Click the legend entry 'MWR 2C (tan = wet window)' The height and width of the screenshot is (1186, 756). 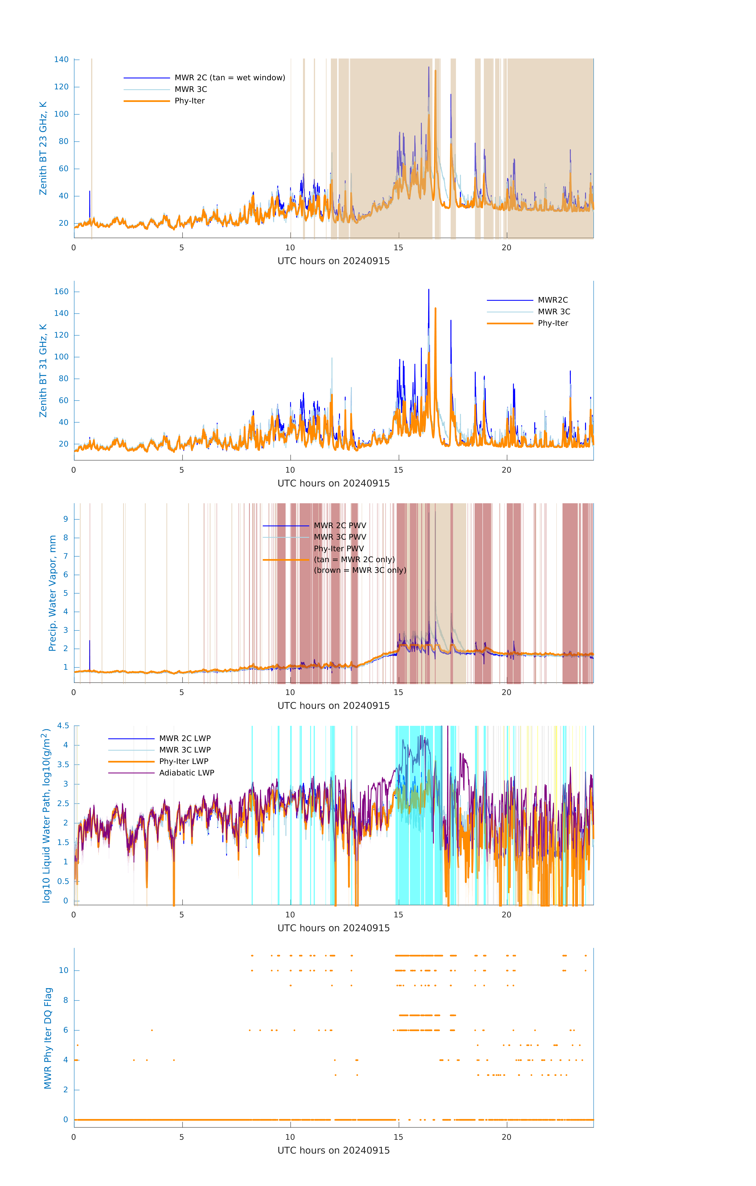tap(229, 78)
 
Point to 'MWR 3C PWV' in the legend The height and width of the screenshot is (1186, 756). tap(340, 537)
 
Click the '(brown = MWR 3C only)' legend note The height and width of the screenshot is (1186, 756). tap(360, 570)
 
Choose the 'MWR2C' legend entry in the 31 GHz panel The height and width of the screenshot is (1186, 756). tap(553, 300)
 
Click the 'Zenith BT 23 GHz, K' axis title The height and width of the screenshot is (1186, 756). tap(43, 148)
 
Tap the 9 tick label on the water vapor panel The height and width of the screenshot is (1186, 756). tap(65, 519)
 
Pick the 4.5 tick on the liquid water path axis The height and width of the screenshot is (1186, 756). tap(63, 725)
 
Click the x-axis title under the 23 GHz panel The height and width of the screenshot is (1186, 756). tap(333, 261)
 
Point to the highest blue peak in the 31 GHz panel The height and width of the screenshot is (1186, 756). tap(428, 291)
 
